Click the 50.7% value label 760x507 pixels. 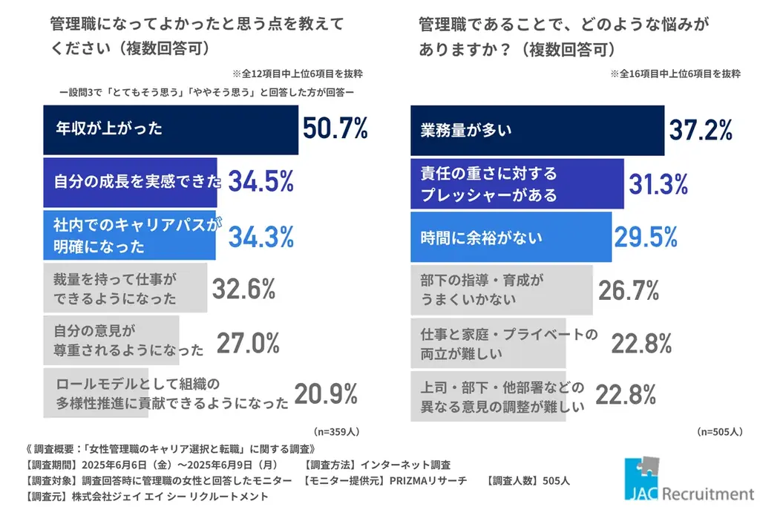335,129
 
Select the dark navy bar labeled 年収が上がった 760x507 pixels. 171,129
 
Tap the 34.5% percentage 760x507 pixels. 261,182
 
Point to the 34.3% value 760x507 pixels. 261,236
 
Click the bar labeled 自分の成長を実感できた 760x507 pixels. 131,182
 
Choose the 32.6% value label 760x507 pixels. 244,289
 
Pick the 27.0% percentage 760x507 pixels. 248,343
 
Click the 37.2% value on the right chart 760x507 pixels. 701,131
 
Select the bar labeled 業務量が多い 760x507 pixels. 537,131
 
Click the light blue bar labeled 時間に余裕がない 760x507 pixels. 511,238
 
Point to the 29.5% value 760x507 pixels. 646,238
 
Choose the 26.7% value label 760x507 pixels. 629,290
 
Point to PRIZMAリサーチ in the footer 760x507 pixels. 428,480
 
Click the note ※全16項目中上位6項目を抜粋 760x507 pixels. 675,73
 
